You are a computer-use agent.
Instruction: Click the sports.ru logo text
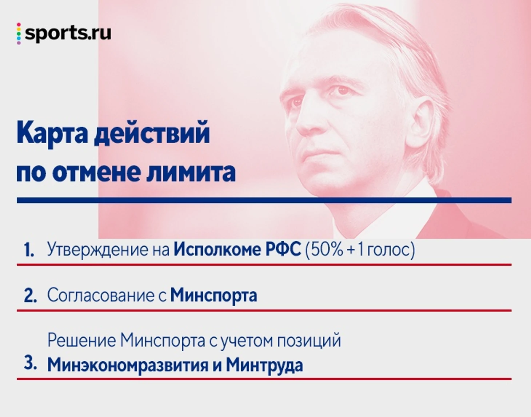[x=68, y=34]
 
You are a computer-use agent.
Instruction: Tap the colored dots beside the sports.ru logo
[x=19, y=34]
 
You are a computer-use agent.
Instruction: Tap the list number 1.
[x=29, y=250]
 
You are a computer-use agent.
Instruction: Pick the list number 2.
[x=31, y=296]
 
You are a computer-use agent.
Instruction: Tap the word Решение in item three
[x=81, y=340]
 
